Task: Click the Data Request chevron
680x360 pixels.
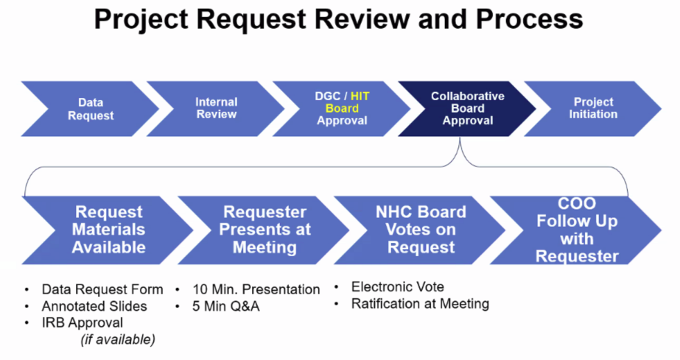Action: point(91,109)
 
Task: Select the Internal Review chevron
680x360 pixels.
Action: point(216,109)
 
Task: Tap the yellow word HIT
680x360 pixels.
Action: point(360,96)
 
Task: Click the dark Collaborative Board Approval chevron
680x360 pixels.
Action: point(468,109)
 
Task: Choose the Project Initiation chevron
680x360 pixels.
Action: point(593,109)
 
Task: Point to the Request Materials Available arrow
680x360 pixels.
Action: point(108,230)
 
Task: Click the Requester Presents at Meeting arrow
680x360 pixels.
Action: point(264,230)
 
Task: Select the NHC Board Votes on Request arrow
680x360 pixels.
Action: point(421,230)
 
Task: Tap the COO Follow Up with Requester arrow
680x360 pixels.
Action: point(577,230)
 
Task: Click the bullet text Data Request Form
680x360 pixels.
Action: point(102,289)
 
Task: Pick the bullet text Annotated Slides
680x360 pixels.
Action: point(94,306)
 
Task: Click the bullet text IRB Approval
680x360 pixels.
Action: point(82,322)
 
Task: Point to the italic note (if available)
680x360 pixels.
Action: point(118,339)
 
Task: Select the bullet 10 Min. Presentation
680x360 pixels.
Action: point(256,289)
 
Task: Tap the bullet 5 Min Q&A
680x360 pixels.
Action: point(226,306)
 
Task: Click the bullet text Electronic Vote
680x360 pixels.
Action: point(398,287)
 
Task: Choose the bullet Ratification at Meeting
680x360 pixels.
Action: point(420,304)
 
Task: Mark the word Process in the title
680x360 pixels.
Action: point(529,19)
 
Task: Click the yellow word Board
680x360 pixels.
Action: point(342,108)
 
